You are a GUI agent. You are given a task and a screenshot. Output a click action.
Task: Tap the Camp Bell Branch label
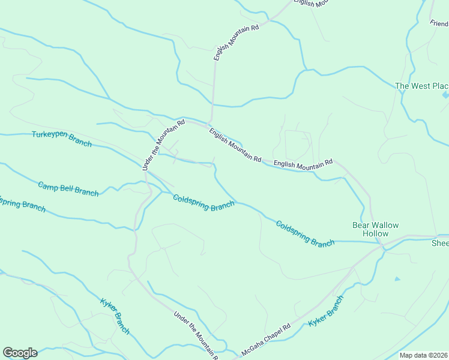[x=68, y=188]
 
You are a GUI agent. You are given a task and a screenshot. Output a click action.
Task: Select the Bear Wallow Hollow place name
[x=375, y=229]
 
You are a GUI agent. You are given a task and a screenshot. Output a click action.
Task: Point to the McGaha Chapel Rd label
[x=266, y=340]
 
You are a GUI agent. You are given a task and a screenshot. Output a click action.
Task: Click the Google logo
[x=19, y=353]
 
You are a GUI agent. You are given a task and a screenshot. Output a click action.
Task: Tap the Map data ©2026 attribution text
[x=424, y=355]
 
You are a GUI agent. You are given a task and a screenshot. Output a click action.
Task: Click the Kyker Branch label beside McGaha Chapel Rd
[x=326, y=311]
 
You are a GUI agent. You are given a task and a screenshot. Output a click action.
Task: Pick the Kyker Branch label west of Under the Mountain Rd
[x=115, y=316]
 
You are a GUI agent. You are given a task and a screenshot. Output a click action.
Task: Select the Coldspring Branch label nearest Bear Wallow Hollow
[x=305, y=233]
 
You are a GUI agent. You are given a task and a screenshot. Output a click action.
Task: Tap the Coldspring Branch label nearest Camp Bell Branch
[x=203, y=202]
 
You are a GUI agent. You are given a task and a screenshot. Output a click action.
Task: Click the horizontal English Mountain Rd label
[x=303, y=163]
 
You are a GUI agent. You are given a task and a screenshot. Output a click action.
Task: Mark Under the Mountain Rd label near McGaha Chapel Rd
[x=196, y=335]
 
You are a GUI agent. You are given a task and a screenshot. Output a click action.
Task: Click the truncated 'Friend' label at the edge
[x=439, y=23]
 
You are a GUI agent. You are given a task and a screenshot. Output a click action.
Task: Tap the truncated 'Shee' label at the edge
[x=440, y=243]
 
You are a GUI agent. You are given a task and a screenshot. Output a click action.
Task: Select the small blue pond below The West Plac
[x=445, y=95]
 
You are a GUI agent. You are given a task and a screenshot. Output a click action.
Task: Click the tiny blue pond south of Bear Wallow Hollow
[x=396, y=279]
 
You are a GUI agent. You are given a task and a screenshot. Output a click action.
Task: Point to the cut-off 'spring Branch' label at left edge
[x=22, y=204]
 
